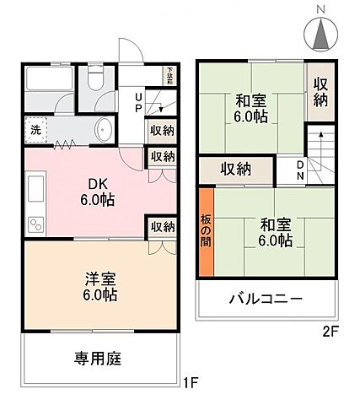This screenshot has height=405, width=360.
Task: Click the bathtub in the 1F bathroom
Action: click(x=50, y=81)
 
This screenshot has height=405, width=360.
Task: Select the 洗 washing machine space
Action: click(x=38, y=130)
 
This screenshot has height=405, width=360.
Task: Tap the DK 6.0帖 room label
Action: click(x=98, y=192)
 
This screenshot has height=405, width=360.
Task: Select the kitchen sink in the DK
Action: click(x=36, y=191)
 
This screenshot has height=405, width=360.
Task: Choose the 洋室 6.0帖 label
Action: click(x=99, y=288)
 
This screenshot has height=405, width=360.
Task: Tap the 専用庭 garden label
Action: click(x=98, y=359)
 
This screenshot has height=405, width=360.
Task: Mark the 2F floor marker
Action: click(x=330, y=331)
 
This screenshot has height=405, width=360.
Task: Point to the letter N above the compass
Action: click(x=321, y=8)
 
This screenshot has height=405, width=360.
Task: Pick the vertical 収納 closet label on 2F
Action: click(x=320, y=90)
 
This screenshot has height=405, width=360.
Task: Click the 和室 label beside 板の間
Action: click(x=275, y=232)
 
